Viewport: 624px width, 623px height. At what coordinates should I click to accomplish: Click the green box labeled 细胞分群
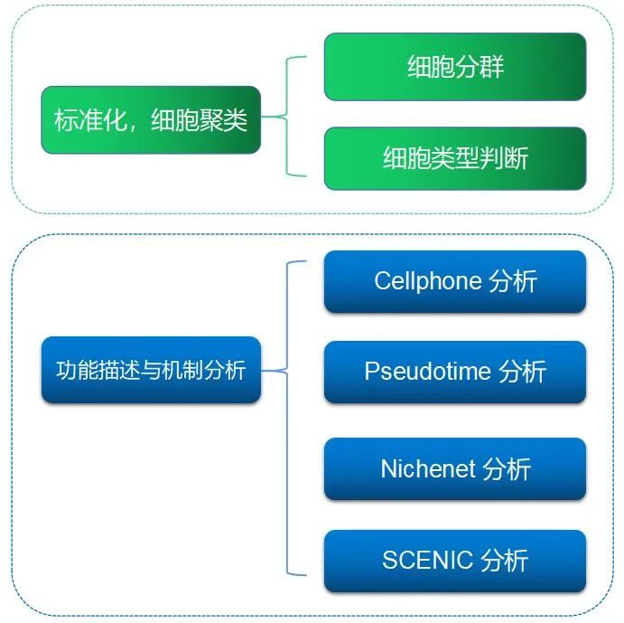point(455,67)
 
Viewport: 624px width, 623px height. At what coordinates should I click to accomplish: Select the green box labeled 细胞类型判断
point(455,159)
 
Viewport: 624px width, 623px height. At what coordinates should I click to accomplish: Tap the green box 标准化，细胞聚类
point(151,120)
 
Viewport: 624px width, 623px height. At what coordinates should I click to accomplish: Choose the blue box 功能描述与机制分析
point(151,370)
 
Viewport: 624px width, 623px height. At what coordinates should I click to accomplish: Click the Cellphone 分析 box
point(455,281)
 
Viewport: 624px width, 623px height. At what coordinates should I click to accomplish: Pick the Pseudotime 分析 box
point(455,372)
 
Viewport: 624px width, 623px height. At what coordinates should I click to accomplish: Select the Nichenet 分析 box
point(455,469)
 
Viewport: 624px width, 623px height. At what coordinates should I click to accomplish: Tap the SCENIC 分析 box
point(455,561)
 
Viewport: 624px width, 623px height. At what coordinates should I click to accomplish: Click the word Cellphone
point(427,281)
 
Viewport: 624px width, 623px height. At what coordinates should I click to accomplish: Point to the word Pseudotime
point(427,372)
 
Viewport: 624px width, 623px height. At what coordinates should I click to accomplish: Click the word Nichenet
point(428,469)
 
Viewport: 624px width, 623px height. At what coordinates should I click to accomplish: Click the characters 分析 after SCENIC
point(505,561)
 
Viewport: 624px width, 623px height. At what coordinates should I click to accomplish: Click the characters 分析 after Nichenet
point(507,469)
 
